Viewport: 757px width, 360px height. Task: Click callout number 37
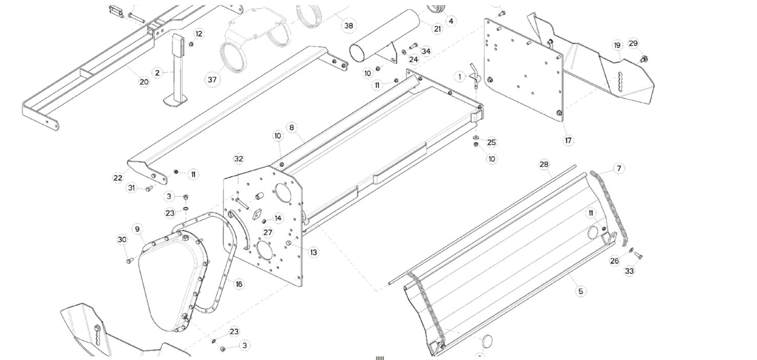click(x=213, y=79)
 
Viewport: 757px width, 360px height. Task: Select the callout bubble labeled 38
click(x=349, y=25)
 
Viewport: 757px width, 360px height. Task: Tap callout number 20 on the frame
click(x=144, y=81)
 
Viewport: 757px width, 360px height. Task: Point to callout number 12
click(x=199, y=34)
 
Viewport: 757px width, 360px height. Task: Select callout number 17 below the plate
click(x=568, y=140)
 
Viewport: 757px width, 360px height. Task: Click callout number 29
click(x=633, y=44)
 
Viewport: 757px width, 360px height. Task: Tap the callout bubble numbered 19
click(x=617, y=45)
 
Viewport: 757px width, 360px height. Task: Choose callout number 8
click(x=292, y=127)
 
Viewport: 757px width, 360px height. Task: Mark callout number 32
click(x=239, y=159)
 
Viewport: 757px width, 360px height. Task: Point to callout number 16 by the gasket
click(x=239, y=284)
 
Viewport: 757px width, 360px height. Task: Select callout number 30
click(x=122, y=240)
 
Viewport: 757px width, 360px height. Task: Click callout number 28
click(x=544, y=164)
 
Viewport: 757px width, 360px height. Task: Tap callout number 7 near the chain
click(x=619, y=168)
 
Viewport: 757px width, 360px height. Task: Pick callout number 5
click(x=580, y=291)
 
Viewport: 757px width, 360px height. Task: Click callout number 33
click(x=630, y=271)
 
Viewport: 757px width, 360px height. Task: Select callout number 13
click(x=313, y=252)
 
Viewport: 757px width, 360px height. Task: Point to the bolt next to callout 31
click(x=149, y=189)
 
